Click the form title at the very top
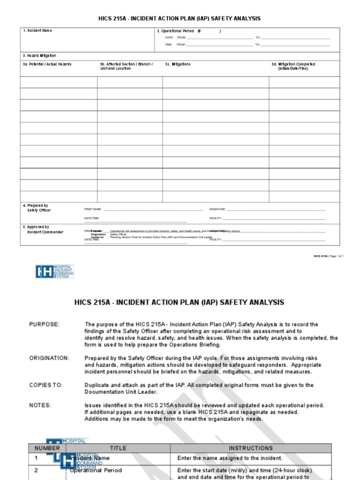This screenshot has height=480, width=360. click(x=180, y=18)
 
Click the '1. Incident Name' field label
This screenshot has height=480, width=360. click(x=37, y=30)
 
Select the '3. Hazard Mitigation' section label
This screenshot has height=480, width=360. click(x=39, y=56)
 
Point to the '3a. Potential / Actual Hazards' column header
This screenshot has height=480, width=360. click(x=47, y=64)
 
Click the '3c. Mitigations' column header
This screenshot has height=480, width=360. click(x=178, y=64)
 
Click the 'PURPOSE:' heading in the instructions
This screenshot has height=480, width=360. click(x=45, y=324)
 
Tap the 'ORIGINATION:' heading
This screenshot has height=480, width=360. click(x=49, y=358)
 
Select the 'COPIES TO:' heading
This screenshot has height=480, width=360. click(x=46, y=385)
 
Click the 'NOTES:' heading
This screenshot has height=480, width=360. click(x=40, y=405)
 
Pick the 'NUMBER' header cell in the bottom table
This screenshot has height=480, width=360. click(x=47, y=448)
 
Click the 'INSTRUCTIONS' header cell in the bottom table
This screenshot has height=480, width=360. click(x=250, y=448)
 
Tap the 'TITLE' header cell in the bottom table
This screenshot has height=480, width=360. click(x=118, y=448)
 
